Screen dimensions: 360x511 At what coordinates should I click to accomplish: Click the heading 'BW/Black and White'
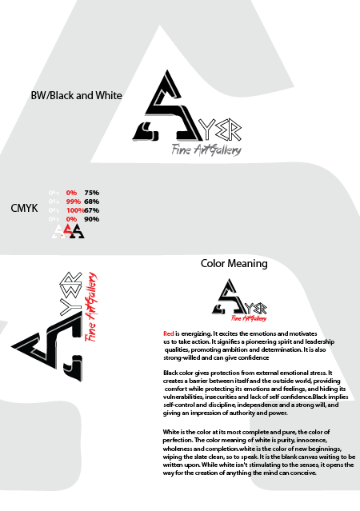coord(75,95)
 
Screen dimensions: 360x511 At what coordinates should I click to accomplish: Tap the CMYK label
coord(24,209)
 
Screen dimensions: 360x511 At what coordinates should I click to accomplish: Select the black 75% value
coord(91,193)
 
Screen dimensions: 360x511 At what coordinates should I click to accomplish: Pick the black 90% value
coord(91,219)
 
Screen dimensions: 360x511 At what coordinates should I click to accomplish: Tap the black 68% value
coord(91,202)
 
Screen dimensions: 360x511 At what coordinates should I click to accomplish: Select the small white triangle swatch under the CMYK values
coord(56,231)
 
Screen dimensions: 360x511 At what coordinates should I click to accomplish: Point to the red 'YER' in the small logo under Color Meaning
coord(247,308)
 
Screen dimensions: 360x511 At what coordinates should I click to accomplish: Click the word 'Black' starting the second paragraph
coord(171,373)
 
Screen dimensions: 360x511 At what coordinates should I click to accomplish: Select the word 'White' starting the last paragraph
coord(172,432)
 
